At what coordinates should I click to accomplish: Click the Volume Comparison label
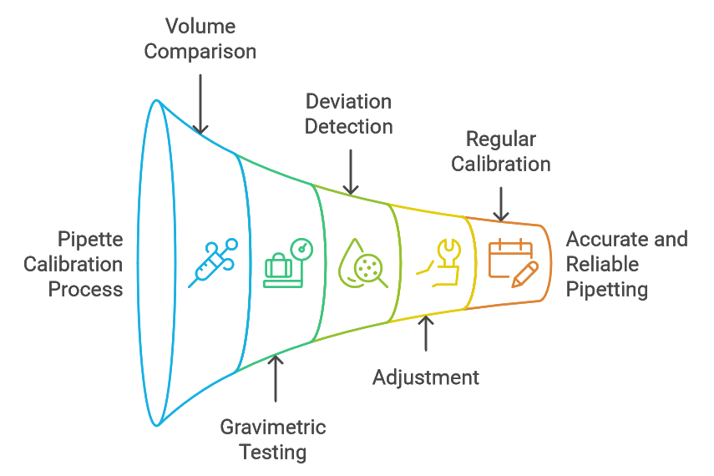[200, 38]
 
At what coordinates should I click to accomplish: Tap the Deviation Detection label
[348, 114]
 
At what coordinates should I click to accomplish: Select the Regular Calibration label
[501, 151]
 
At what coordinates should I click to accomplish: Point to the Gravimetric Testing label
[273, 440]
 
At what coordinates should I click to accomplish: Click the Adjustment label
[426, 377]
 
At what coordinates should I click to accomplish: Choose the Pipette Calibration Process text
[73, 264]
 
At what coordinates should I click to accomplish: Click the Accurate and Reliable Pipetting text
[626, 264]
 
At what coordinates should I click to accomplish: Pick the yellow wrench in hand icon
[439, 261]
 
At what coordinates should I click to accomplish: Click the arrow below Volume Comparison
[200, 103]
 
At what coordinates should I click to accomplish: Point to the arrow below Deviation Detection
[352, 172]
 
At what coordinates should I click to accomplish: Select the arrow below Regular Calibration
[501, 203]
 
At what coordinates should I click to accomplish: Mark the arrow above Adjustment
[426, 332]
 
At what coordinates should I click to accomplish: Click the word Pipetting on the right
[607, 289]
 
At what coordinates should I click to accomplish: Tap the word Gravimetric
[273, 428]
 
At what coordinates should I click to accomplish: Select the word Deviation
[348, 102]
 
